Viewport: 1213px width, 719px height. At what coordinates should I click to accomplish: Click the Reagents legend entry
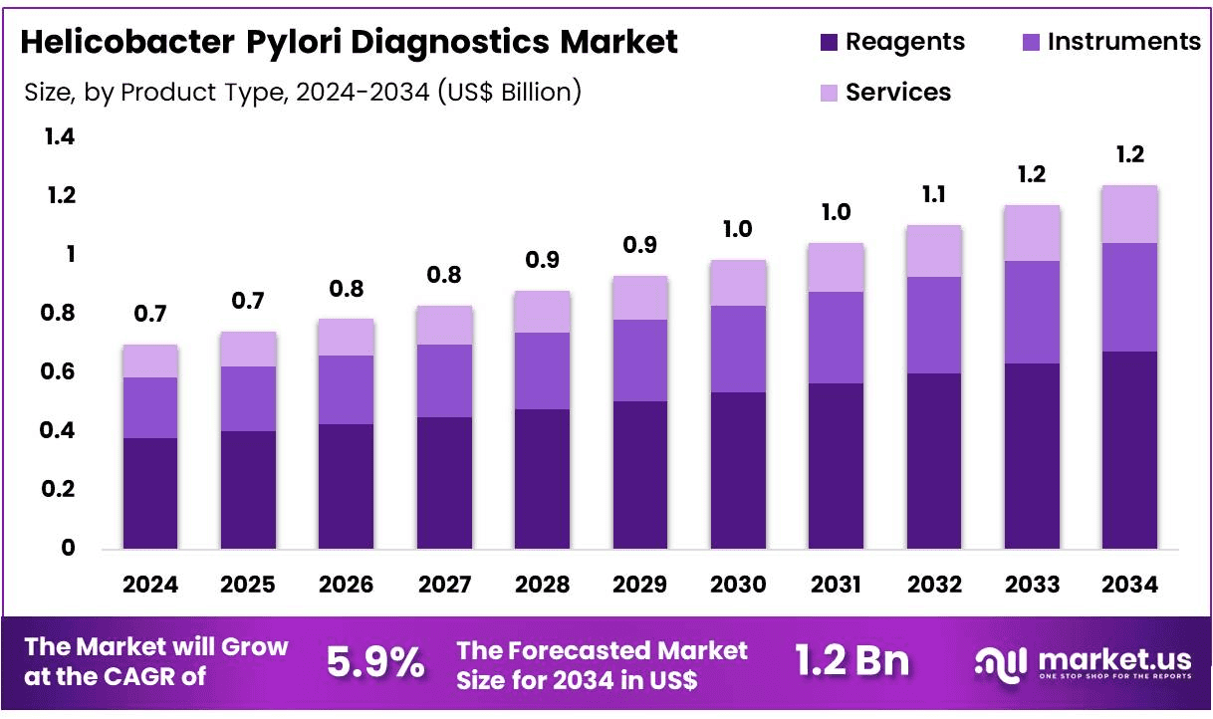pos(891,42)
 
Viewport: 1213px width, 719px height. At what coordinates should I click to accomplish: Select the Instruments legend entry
pos(1110,42)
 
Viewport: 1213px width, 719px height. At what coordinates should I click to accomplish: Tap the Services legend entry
pos(884,93)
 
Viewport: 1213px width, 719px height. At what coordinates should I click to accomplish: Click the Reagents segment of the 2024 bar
pos(150,492)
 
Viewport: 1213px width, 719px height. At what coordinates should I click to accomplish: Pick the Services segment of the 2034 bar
pos(1129,214)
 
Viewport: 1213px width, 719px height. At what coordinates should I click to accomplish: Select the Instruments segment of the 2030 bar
pos(738,349)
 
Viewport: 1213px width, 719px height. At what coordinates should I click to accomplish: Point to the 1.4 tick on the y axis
pos(60,136)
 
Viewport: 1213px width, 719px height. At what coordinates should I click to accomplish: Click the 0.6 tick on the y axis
pos(60,372)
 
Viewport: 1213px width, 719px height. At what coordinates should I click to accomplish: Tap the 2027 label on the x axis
pos(444,585)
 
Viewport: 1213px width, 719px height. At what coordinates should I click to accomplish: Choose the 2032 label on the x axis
pos(934,585)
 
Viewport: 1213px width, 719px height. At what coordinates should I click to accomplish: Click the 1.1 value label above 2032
pos(934,195)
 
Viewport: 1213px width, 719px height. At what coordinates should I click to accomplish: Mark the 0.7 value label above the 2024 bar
pos(150,315)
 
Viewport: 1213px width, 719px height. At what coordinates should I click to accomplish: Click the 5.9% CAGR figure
pos(375,662)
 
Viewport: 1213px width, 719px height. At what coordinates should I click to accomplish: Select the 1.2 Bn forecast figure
pos(851,661)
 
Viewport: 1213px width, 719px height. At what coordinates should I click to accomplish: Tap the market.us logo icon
pos(1000,661)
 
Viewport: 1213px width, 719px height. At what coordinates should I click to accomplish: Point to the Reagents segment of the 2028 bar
pos(542,478)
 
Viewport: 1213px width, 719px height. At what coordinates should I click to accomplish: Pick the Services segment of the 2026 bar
pos(347,338)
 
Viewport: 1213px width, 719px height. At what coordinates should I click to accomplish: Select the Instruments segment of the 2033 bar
pos(1032,312)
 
